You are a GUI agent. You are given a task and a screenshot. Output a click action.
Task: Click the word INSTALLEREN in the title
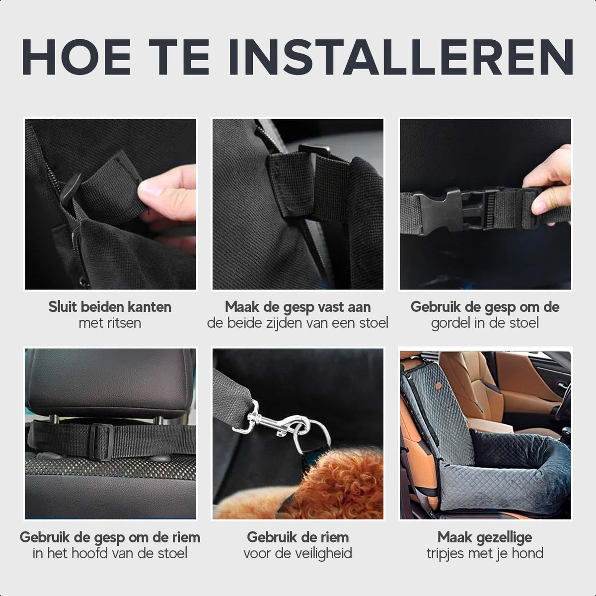point(401,57)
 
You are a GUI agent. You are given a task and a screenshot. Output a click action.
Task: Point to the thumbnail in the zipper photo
point(150,188)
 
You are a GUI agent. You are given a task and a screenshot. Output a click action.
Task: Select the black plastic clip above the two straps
point(314,150)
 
